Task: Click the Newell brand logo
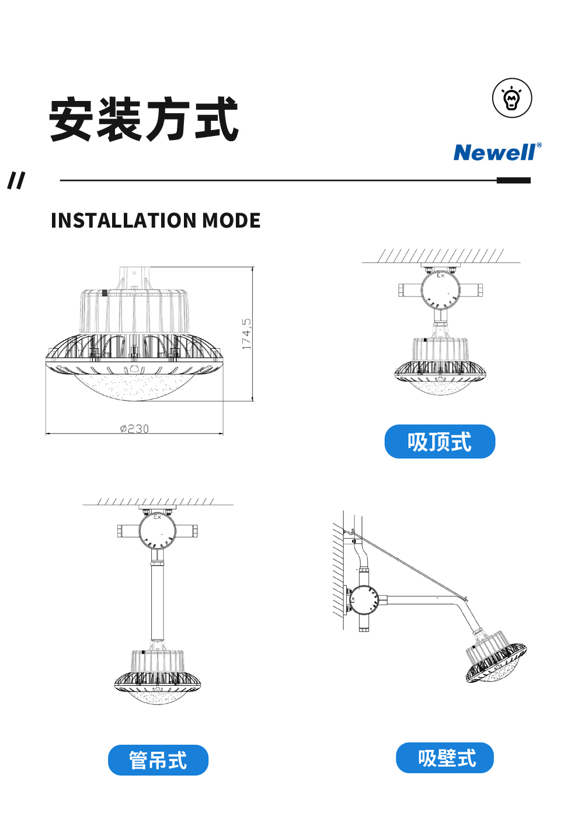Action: pyautogui.click(x=497, y=152)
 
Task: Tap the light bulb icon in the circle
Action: pyautogui.click(x=512, y=98)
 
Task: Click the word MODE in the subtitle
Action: pyautogui.click(x=231, y=221)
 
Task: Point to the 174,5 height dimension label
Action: pyautogui.click(x=246, y=334)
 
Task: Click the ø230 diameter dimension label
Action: pyautogui.click(x=134, y=428)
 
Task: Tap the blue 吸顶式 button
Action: pyautogui.click(x=440, y=442)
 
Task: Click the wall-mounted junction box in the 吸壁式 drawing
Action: pyautogui.click(x=363, y=599)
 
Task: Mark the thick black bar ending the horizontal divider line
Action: pyautogui.click(x=513, y=180)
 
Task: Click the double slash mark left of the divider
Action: pyautogui.click(x=16, y=180)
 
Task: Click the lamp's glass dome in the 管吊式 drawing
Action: pyautogui.click(x=158, y=698)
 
